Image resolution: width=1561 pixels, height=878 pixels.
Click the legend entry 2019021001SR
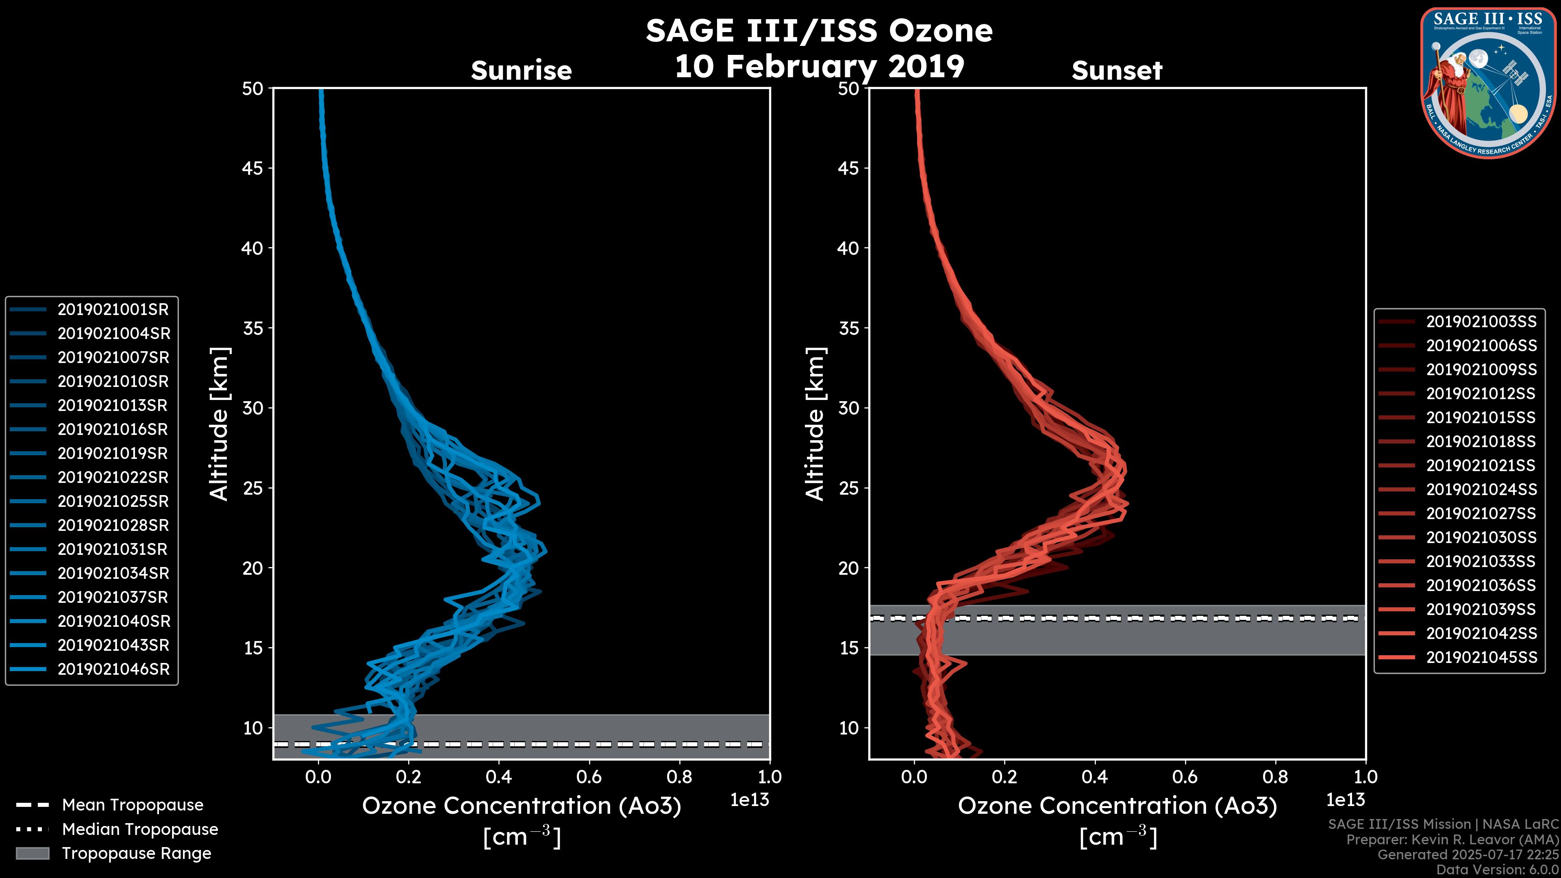(113, 310)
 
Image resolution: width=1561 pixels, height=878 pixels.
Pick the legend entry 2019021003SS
(1481, 322)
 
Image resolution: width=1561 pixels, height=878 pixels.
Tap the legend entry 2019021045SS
(1481, 657)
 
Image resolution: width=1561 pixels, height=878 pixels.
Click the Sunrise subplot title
(521, 71)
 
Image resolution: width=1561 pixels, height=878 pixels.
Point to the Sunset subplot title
(1116, 71)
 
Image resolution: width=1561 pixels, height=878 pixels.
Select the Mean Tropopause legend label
(132, 805)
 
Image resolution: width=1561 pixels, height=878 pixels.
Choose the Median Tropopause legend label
(139, 830)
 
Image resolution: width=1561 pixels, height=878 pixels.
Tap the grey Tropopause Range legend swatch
(32, 854)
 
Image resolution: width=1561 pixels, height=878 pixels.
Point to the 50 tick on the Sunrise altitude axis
(253, 89)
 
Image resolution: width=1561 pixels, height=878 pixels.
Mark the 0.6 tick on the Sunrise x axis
(589, 777)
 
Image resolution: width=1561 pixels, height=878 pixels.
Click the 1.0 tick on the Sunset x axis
(1365, 777)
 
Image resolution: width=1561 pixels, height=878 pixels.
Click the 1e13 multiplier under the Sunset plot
(1345, 800)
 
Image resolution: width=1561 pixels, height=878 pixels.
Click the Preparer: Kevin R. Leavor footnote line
(1452, 840)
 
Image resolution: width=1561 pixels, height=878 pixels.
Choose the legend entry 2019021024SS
(1481, 489)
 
